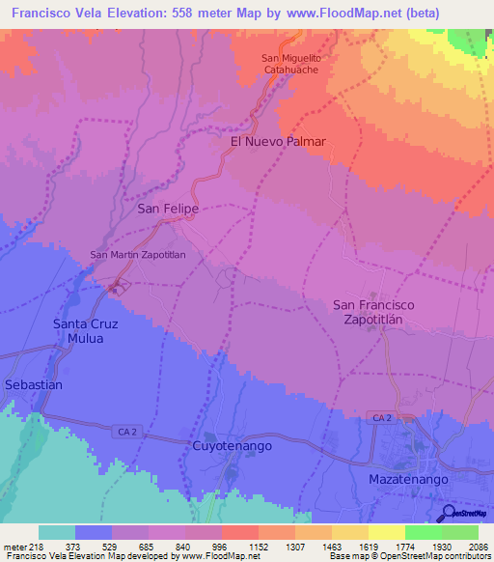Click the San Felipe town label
(x=168, y=209)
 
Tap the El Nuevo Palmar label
(x=278, y=142)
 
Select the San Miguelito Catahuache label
(x=296, y=65)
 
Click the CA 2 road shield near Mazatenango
(x=381, y=417)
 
